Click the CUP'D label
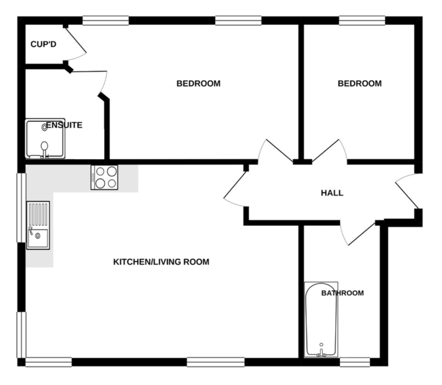tap(43, 44)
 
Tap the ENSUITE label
tap(64, 125)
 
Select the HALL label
tap(332, 193)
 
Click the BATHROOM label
tap(343, 293)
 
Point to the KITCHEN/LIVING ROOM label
tap(161, 262)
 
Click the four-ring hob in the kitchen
tap(104, 178)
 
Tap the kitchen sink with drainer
tap(38, 225)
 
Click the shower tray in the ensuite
tap(45, 138)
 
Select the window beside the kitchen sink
tap(21, 208)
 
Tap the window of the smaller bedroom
tap(362, 21)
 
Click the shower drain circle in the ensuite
tap(44, 127)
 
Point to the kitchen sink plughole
tap(38, 236)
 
